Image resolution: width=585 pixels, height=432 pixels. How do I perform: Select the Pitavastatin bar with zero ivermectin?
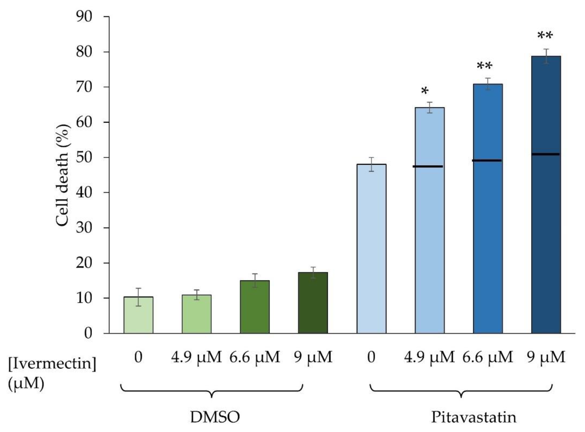371,248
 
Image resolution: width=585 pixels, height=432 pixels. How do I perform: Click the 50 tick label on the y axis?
84,157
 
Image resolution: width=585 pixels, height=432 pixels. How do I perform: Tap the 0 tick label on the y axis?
88,333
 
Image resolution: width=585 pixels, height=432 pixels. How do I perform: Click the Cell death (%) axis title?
63,175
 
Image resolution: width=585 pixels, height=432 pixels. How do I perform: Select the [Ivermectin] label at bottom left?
52,364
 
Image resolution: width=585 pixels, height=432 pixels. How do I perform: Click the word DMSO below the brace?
215,417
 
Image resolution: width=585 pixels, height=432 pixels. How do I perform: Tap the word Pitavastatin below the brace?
474,417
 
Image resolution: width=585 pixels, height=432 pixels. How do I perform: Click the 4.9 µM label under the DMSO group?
196,357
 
